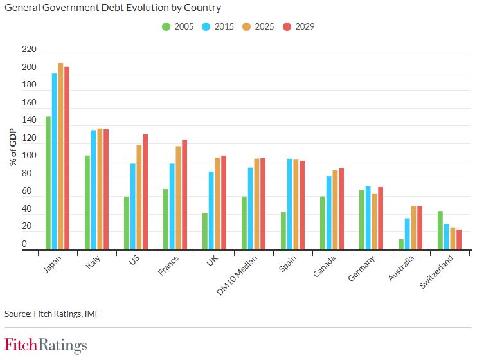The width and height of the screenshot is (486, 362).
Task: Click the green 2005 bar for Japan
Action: tap(48, 183)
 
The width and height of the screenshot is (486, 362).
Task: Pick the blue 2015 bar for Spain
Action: tap(290, 204)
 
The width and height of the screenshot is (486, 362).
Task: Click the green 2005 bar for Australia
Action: tap(401, 244)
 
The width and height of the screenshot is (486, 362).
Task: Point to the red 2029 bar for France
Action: tap(184, 194)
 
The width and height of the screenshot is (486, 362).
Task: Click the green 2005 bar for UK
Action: tap(205, 231)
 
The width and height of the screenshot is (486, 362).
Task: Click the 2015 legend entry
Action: tap(219, 26)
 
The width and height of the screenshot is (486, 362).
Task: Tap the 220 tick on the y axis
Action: tap(30, 50)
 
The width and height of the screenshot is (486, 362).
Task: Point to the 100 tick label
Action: tap(30, 156)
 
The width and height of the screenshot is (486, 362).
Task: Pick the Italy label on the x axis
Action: tap(93, 264)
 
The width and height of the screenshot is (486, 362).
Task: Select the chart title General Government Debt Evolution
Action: tap(113, 8)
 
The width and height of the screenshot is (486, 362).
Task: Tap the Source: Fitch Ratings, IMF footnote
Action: tap(52, 314)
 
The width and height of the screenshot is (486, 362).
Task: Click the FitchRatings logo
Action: tap(46, 345)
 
